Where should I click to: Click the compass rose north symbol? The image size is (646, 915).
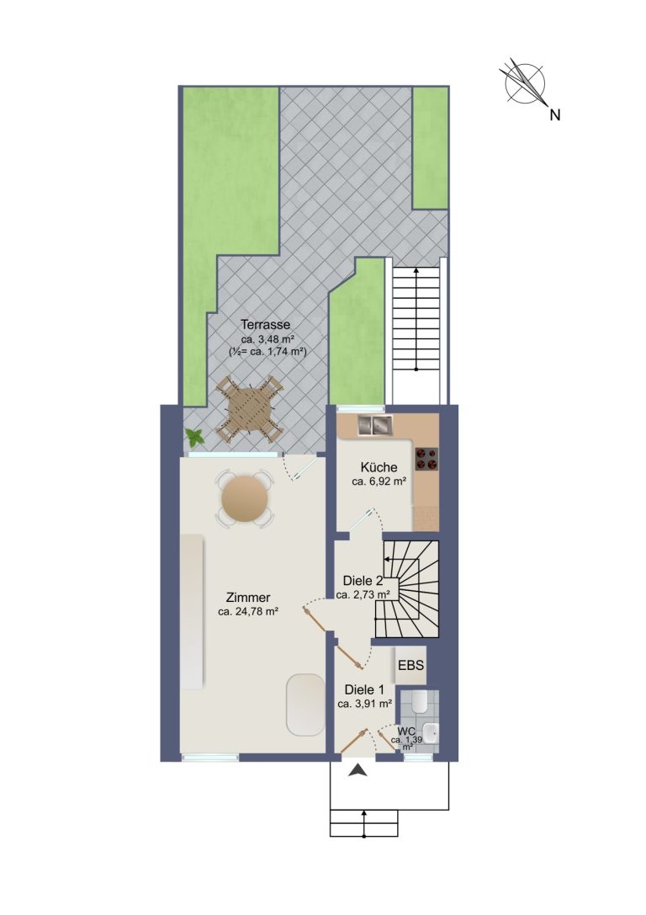click(x=525, y=82)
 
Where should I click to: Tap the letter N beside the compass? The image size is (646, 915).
click(x=555, y=115)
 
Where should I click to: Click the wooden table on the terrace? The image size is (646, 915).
click(x=249, y=409)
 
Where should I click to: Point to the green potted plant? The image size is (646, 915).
click(x=194, y=437)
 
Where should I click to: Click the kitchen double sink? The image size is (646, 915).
click(x=374, y=425)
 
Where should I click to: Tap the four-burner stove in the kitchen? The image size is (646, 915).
click(x=426, y=459)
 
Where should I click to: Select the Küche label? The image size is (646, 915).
click(x=379, y=467)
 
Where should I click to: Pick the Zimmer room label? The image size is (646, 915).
click(x=248, y=598)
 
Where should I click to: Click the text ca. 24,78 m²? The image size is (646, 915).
click(x=248, y=612)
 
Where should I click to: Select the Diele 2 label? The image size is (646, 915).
click(x=363, y=581)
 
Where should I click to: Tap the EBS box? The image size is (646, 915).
click(x=410, y=665)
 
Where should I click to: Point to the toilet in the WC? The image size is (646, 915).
click(x=419, y=702)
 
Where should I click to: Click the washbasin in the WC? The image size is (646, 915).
click(x=431, y=731)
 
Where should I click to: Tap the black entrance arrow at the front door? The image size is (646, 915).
click(x=358, y=771)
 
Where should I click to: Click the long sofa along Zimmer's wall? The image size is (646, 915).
click(x=192, y=611)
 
